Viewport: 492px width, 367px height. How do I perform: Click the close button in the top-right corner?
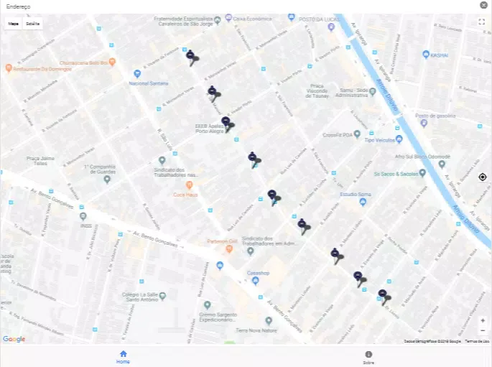point(484,5)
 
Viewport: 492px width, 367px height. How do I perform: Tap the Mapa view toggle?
point(14,23)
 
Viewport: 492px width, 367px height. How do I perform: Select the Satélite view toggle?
point(33,23)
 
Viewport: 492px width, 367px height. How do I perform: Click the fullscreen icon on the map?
point(482,22)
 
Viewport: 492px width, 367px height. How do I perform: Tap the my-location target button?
point(483,177)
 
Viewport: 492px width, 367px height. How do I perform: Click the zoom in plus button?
point(483,320)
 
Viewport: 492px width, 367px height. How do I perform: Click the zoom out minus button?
point(483,330)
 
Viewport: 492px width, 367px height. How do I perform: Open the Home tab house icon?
point(124,353)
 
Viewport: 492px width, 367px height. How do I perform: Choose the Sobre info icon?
point(368,354)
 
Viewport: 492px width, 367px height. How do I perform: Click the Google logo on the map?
point(14,339)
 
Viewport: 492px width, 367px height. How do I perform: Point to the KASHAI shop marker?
point(426,55)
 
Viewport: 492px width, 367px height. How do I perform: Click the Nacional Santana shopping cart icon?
point(137,73)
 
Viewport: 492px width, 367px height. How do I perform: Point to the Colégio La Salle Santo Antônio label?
point(139,296)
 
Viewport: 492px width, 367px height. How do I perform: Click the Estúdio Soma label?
point(355,194)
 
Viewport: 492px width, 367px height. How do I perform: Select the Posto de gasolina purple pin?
point(424,123)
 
